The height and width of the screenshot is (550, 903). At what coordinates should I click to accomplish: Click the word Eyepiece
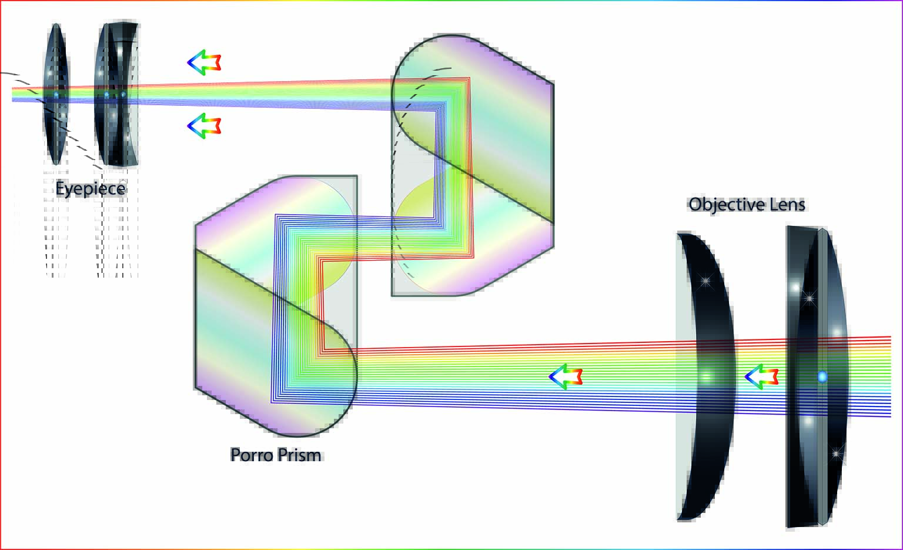tap(91, 189)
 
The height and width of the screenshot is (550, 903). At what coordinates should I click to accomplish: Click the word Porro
tap(252, 455)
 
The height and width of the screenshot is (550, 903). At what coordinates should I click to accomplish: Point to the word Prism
tap(299, 455)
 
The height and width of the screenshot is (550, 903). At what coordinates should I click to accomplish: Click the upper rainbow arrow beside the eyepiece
tap(204, 62)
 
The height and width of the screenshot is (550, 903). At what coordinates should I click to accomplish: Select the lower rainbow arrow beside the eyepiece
tap(204, 126)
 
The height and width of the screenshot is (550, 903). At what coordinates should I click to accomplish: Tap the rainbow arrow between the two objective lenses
tap(761, 376)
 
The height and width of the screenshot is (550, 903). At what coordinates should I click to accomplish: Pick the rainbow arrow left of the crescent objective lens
tap(566, 376)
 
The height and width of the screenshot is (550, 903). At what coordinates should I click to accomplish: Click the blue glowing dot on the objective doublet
tap(822, 377)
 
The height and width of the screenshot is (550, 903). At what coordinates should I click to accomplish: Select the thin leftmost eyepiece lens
tap(56, 94)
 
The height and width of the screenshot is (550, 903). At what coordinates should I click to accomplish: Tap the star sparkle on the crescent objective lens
tap(705, 281)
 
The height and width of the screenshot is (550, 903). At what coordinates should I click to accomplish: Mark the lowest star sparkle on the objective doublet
tap(837, 454)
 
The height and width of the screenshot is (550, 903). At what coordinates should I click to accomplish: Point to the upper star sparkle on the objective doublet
tap(809, 298)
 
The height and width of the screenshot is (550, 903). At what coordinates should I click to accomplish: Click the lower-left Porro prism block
tap(276, 306)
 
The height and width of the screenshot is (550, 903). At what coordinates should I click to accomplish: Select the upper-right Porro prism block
tap(473, 165)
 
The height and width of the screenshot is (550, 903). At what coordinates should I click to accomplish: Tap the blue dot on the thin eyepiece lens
tap(56, 94)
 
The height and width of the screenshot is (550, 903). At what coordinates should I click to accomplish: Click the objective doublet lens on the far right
tap(817, 376)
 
